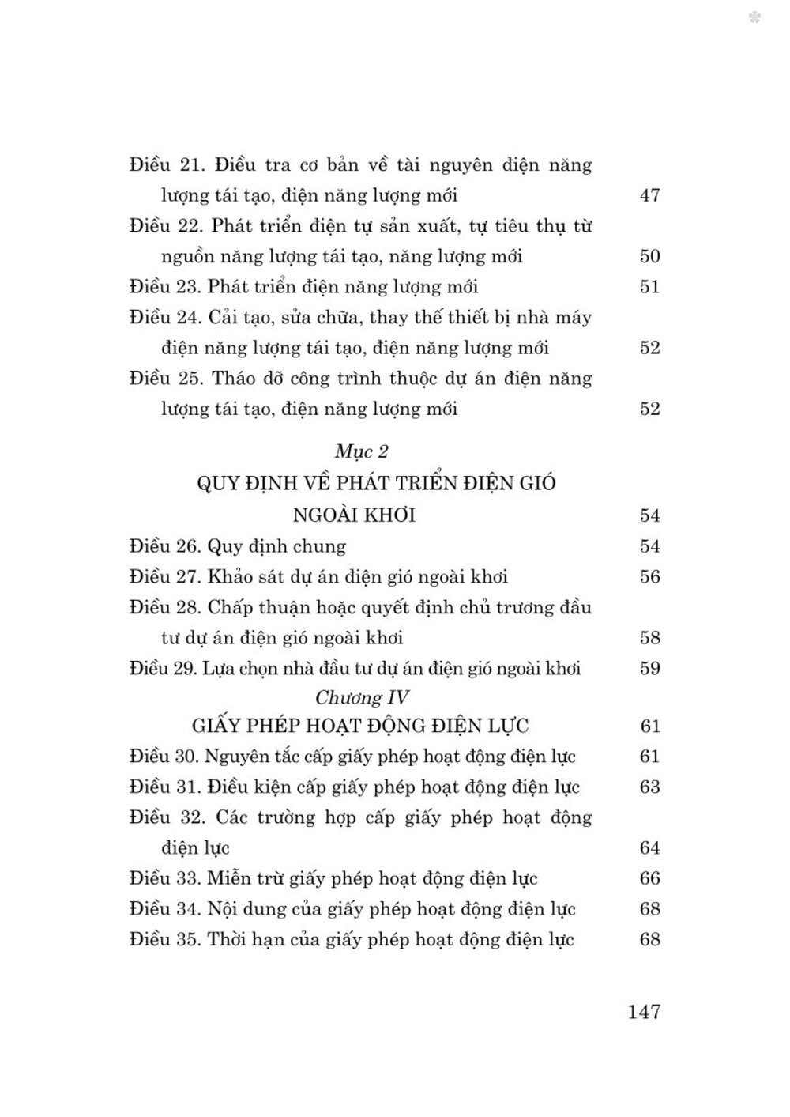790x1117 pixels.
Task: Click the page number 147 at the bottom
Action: [x=643, y=1011]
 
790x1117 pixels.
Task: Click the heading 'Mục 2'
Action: [x=362, y=451]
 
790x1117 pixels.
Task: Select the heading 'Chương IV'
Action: [x=361, y=697]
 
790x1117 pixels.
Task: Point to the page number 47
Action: [x=649, y=195]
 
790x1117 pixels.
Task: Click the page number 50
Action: [x=649, y=256]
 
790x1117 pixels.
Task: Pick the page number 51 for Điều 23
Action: [x=649, y=287]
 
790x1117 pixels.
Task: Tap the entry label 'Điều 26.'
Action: [x=164, y=546]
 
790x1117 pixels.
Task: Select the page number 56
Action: [x=649, y=577]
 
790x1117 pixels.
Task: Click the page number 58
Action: [x=649, y=638]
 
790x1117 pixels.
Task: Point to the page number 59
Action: [x=649, y=669]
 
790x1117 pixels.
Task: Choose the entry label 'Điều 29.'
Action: [x=163, y=669]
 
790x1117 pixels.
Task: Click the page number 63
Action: [x=649, y=787]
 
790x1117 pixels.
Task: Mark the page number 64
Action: [x=649, y=848]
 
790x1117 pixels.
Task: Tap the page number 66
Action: [x=649, y=879]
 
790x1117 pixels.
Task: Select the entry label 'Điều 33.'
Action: [x=164, y=878]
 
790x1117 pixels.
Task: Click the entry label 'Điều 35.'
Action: [x=164, y=940]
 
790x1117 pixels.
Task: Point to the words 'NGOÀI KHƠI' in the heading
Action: [x=354, y=515]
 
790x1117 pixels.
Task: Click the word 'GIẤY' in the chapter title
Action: [x=217, y=726]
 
